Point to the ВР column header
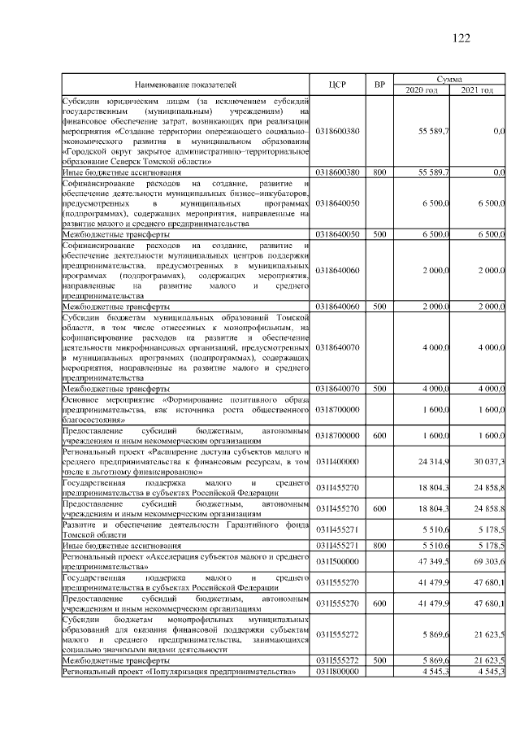point(379,84)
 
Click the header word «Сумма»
point(449,79)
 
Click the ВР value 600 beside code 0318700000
point(379,435)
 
